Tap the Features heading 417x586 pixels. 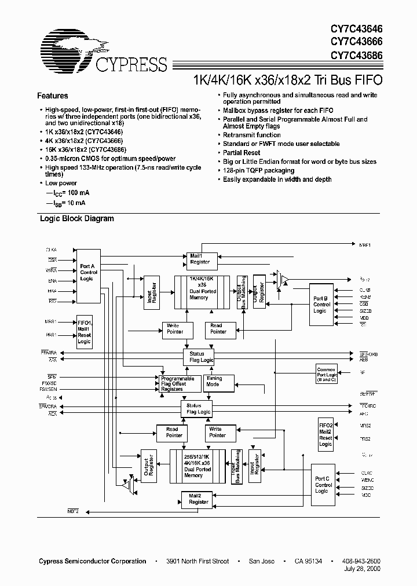[53, 96]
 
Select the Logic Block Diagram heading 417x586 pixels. [76, 219]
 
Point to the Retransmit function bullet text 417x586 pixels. [252, 135]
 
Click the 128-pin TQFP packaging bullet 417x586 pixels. [259, 170]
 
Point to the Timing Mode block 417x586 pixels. [218, 382]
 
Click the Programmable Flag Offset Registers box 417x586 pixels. [180, 383]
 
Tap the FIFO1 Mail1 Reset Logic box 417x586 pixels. [85, 331]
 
